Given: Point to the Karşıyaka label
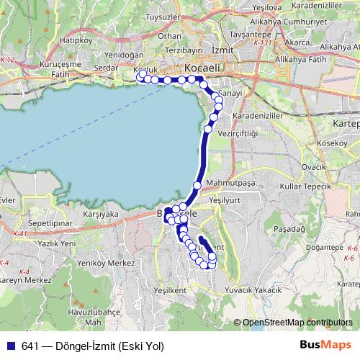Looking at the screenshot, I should pos(101,214).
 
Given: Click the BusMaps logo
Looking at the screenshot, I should pos(327,344).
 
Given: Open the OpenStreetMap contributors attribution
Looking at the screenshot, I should pos(297,323).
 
